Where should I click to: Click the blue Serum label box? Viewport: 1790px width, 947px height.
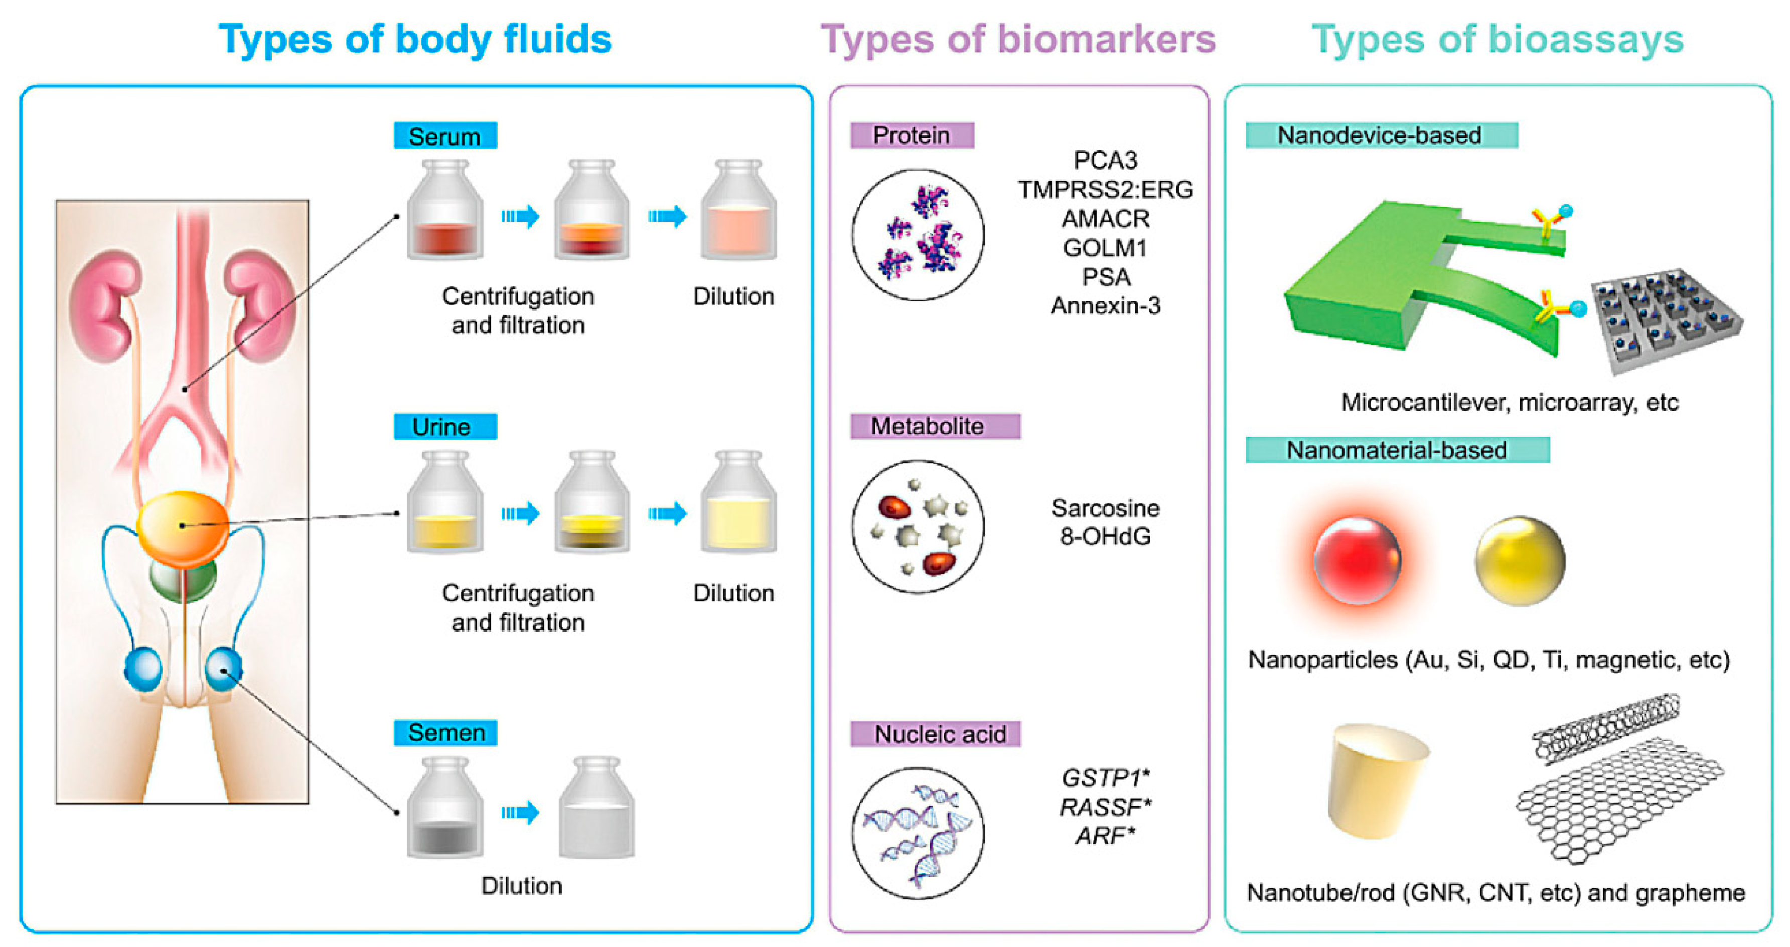click(x=444, y=136)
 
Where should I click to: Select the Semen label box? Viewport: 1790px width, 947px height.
click(x=444, y=733)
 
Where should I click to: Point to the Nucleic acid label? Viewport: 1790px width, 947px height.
click(x=935, y=734)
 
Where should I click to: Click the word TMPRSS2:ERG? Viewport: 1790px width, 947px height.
click(x=1105, y=190)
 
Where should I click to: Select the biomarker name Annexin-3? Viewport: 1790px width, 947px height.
click(x=1105, y=305)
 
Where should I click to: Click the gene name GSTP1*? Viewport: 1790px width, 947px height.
click(x=1105, y=777)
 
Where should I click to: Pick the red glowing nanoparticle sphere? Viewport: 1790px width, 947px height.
click(x=1357, y=560)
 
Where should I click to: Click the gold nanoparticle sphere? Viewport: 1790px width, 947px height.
click(x=1520, y=560)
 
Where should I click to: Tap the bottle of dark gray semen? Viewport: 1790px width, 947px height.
click(x=444, y=810)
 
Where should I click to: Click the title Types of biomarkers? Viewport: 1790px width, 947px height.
click(x=1018, y=40)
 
